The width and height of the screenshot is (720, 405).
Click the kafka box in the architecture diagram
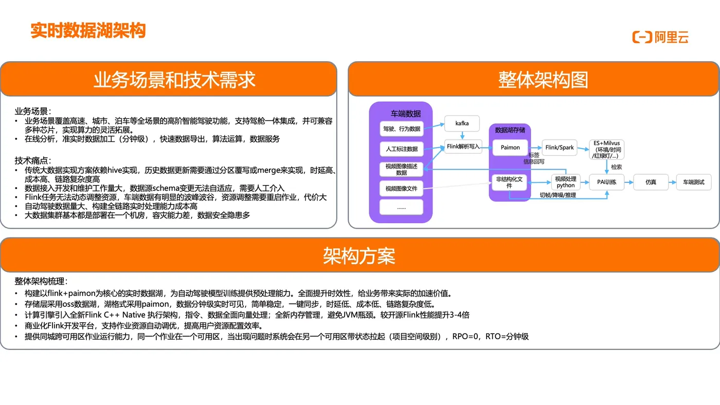[x=462, y=123]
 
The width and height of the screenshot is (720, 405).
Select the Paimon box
[x=510, y=148]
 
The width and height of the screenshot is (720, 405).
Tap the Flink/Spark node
[x=560, y=148]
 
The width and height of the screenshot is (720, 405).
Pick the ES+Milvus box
[x=607, y=149]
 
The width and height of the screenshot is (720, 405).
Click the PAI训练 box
[x=607, y=181]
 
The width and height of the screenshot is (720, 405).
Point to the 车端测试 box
[x=693, y=181]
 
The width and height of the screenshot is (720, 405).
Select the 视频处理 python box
[x=566, y=182]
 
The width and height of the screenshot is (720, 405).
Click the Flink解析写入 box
[x=463, y=146]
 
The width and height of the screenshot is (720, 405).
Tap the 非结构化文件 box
[x=509, y=182]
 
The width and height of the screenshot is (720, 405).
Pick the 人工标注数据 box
[x=402, y=149]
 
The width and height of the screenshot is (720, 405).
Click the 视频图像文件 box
[x=401, y=189]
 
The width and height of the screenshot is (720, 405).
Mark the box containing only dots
[x=401, y=207]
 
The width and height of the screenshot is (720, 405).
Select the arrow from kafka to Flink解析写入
[x=462, y=135]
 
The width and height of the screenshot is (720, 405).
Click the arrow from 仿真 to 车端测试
[x=672, y=181]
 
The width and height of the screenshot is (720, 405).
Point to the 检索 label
[x=616, y=167]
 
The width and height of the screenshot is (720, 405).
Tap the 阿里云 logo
[x=660, y=37]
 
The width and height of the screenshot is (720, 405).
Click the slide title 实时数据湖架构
[x=88, y=30]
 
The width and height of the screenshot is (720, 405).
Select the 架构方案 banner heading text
[x=359, y=255]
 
